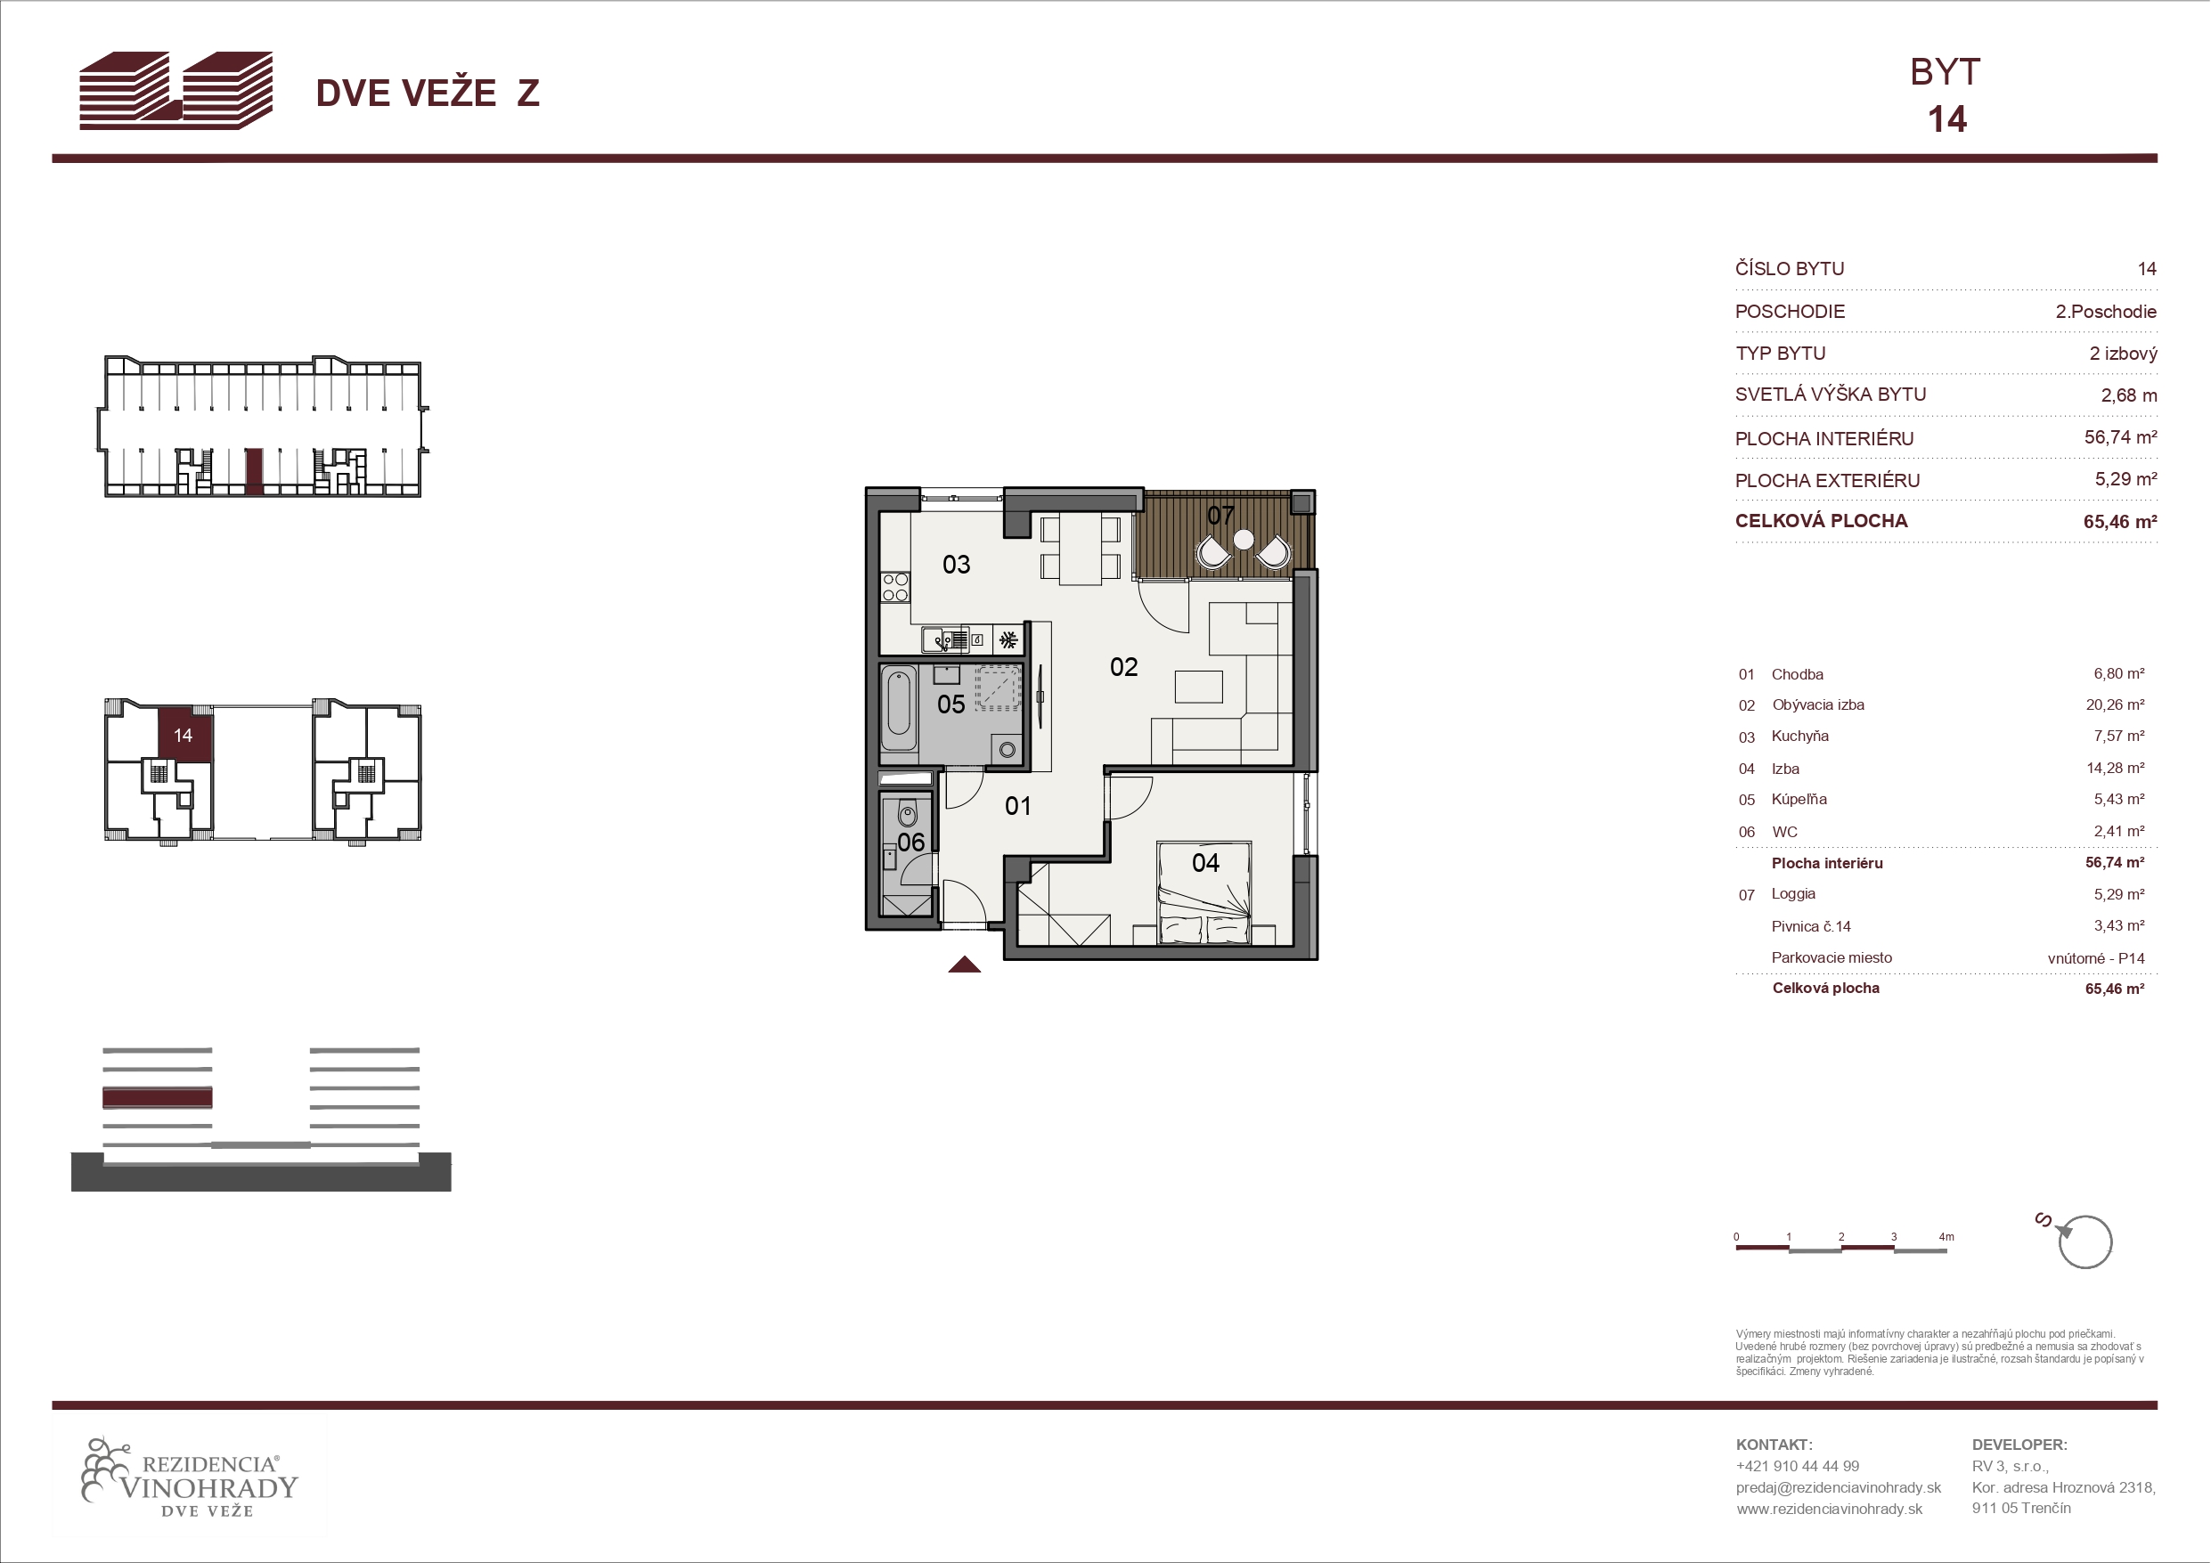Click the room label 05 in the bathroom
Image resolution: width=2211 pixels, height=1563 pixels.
pos(950,704)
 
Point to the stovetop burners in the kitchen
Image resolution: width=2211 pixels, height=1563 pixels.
pos(894,587)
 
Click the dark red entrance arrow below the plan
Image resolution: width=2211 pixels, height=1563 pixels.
pos(964,965)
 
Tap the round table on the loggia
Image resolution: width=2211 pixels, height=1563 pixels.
pos(1244,540)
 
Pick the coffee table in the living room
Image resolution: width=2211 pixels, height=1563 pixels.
pos(1198,687)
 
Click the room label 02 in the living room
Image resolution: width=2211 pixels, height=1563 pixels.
pos(1124,666)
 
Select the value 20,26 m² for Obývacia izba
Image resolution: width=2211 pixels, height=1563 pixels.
pos(2115,705)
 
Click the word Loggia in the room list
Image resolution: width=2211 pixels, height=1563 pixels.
pos(1793,893)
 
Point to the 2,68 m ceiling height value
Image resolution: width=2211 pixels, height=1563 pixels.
pos(2128,395)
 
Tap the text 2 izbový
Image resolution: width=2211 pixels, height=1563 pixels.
pos(2123,354)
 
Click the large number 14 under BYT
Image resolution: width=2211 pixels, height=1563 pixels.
pos(1947,119)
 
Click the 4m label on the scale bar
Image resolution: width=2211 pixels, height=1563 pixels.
pos(1946,1236)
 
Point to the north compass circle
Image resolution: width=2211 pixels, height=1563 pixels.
pos(2085,1243)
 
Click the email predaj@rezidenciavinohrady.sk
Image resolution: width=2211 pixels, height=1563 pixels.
pos(1839,1487)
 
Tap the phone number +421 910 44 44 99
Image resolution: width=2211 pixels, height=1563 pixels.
pos(1797,1466)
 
